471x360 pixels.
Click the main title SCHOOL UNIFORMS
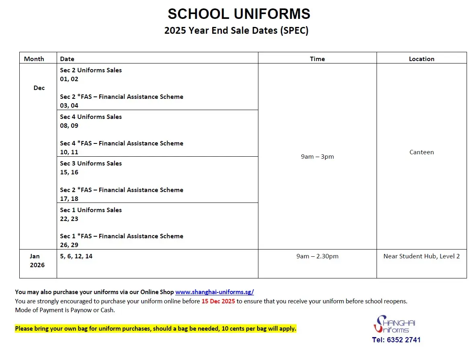(x=239, y=14)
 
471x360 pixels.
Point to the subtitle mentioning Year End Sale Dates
(x=236, y=31)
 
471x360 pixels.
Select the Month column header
(x=34, y=59)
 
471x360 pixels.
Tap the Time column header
(x=317, y=59)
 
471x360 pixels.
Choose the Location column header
(x=421, y=59)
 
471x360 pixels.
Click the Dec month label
(x=39, y=88)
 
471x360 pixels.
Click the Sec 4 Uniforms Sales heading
(x=91, y=117)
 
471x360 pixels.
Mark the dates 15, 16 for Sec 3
(x=69, y=172)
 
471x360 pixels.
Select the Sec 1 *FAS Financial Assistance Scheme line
(x=121, y=236)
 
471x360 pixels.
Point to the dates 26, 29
(x=69, y=245)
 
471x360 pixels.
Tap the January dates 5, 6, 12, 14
(x=76, y=256)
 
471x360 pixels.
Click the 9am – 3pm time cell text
(x=317, y=157)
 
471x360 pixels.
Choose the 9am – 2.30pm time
(x=317, y=256)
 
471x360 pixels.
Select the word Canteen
(x=421, y=152)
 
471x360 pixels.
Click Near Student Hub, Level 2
(x=421, y=256)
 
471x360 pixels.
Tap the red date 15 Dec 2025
(x=218, y=301)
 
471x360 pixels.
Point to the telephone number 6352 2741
(x=396, y=340)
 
